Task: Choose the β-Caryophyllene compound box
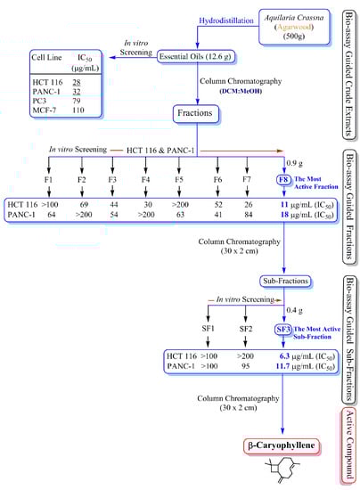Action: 282,443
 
